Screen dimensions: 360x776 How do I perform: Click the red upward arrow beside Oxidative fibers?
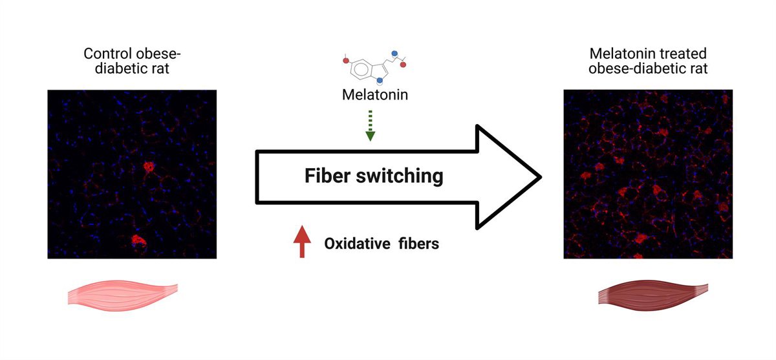(x=302, y=242)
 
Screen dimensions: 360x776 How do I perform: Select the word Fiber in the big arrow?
(x=329, y=175)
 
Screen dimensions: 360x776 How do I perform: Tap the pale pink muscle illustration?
(x=122, y=294)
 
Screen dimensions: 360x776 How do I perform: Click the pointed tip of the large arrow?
(x=539, y=176)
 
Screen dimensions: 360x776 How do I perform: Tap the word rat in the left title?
(x=159, y=68)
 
